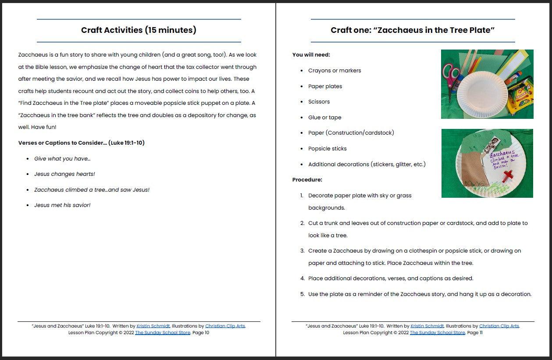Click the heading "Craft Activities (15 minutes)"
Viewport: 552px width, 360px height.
coord(139,30)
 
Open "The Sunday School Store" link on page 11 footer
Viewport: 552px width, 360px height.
coord(437,333)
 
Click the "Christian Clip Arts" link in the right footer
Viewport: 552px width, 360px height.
coord(499,326)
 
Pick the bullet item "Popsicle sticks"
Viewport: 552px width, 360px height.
coord(327,149)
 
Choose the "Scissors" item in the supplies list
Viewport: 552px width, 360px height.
coord(319,102)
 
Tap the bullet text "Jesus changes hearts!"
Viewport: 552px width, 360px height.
coord(64,174)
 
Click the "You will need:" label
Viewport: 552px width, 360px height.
coord(311,55)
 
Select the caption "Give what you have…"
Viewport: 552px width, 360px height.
coord(62,159)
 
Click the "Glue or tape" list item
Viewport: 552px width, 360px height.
coord(324,118)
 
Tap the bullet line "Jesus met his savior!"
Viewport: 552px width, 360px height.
coord(62,205)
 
